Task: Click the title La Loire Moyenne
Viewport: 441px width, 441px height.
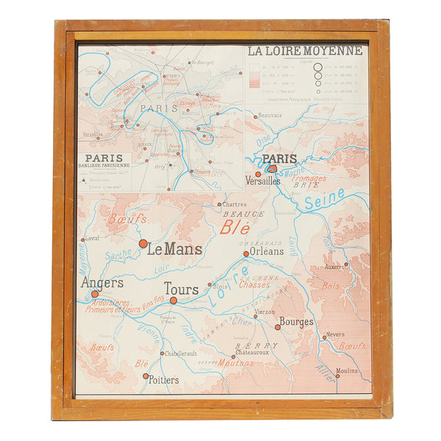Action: point(305,51)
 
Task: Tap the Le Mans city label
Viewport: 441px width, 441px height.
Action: point(174,249)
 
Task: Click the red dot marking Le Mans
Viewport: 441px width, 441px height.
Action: point(143,243)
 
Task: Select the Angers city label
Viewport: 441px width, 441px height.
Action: point(102,283)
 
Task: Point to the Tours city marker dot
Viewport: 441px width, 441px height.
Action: point(173,300)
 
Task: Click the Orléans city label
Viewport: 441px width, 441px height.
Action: point(266,251)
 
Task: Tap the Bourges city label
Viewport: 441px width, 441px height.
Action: point(296,321)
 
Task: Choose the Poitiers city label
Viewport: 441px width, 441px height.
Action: point(163,380)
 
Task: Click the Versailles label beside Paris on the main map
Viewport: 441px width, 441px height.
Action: point(262,180)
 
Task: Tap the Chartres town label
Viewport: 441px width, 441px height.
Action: point(234,204)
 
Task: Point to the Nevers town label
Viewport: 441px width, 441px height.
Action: point(335,334)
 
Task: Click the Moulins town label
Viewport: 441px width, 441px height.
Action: point(346,370)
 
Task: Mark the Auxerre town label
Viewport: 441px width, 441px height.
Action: point(334,267)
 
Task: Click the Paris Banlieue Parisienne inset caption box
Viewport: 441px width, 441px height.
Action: point(104,161)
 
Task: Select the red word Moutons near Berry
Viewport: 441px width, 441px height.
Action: point(235,362)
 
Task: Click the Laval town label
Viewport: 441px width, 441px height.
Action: point(92,238)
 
